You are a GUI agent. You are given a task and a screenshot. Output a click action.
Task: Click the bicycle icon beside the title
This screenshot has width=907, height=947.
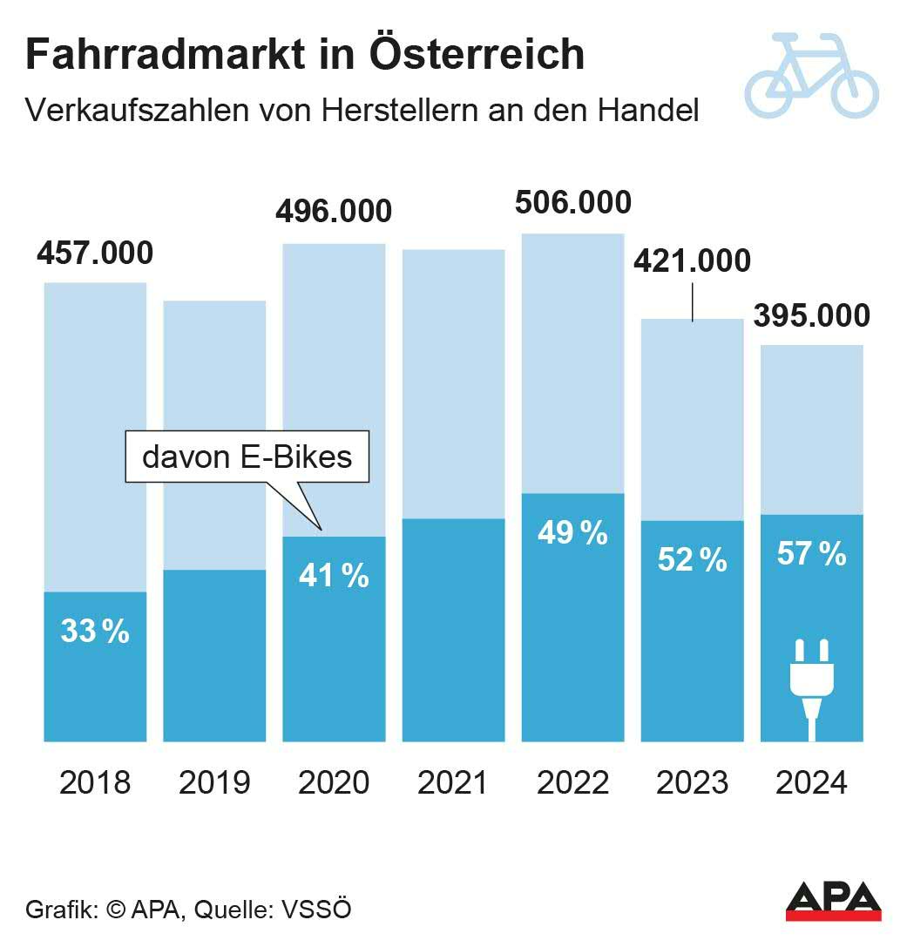[811, 76]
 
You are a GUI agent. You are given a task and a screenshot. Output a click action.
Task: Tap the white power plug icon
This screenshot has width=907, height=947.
[811, 685]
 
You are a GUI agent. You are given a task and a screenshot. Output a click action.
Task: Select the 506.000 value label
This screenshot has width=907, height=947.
[572, 202]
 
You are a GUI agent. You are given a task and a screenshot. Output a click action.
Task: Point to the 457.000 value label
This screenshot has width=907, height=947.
[95, 253]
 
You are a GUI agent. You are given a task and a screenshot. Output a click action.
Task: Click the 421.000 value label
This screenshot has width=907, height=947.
[692, 260]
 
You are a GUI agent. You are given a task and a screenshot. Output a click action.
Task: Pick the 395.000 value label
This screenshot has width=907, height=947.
[811, 315]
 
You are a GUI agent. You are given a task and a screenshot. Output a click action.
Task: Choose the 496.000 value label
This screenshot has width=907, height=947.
[334, 212]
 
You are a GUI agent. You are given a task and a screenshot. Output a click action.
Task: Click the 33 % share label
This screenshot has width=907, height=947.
[95, 632]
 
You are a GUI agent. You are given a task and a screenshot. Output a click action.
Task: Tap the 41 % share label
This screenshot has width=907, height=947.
[334, 575]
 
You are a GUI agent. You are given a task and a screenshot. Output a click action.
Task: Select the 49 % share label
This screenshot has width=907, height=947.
[572, 532]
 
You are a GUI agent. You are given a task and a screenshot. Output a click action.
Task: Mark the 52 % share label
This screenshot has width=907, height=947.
[692, 560]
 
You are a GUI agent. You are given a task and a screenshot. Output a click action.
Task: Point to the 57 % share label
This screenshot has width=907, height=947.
[811, 553]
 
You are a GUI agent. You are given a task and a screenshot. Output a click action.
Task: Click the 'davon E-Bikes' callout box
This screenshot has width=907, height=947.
[247, 457]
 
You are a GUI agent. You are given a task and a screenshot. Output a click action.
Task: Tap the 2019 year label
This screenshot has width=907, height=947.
[214, 782]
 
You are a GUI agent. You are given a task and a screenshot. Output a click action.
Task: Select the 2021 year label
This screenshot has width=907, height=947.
[453, 782]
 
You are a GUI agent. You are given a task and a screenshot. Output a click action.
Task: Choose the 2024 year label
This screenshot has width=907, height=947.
[811, 782]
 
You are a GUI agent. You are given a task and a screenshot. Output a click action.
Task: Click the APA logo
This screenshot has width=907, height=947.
[833, 902]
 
